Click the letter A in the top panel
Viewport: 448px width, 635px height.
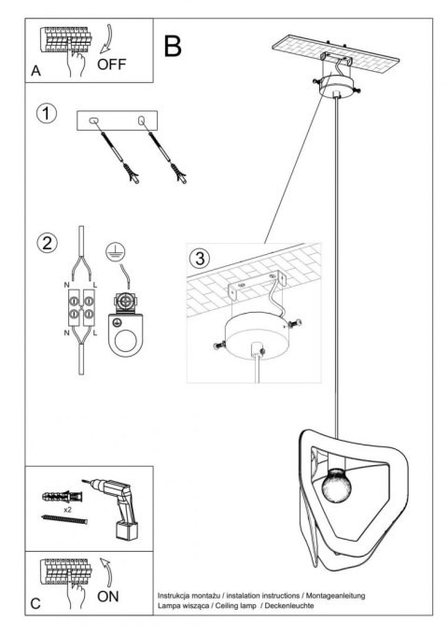pyautogui.click(x=36, y=70)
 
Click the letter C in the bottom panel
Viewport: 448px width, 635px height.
pyautogui.click(x=35, y=602)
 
